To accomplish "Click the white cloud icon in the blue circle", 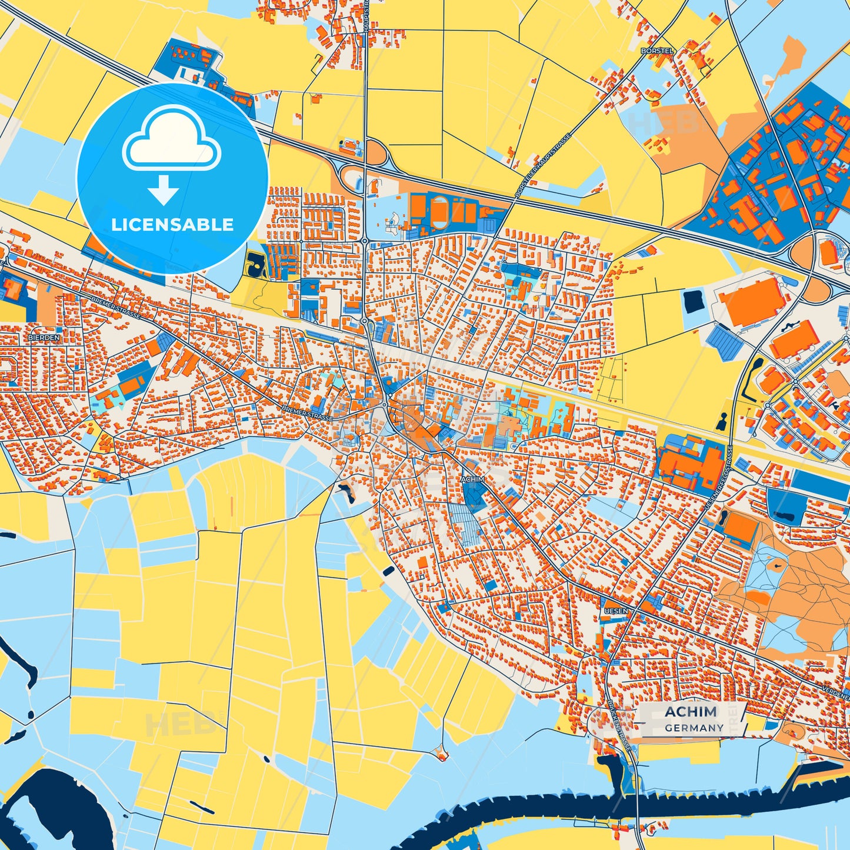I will point(171,139).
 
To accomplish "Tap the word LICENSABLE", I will point(172,225).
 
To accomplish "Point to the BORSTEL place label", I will point(657,51).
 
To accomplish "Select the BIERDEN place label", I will point(44,338).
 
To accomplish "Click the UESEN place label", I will point(616,611).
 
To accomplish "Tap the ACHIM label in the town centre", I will point(473,479).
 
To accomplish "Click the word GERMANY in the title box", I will point(694,728).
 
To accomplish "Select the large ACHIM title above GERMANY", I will point(691,712).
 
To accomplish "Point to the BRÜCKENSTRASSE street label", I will point(621,726).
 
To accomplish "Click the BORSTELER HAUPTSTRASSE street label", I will point(542,166).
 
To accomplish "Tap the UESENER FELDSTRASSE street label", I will point(718,478).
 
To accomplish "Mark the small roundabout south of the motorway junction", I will point(365,241).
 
